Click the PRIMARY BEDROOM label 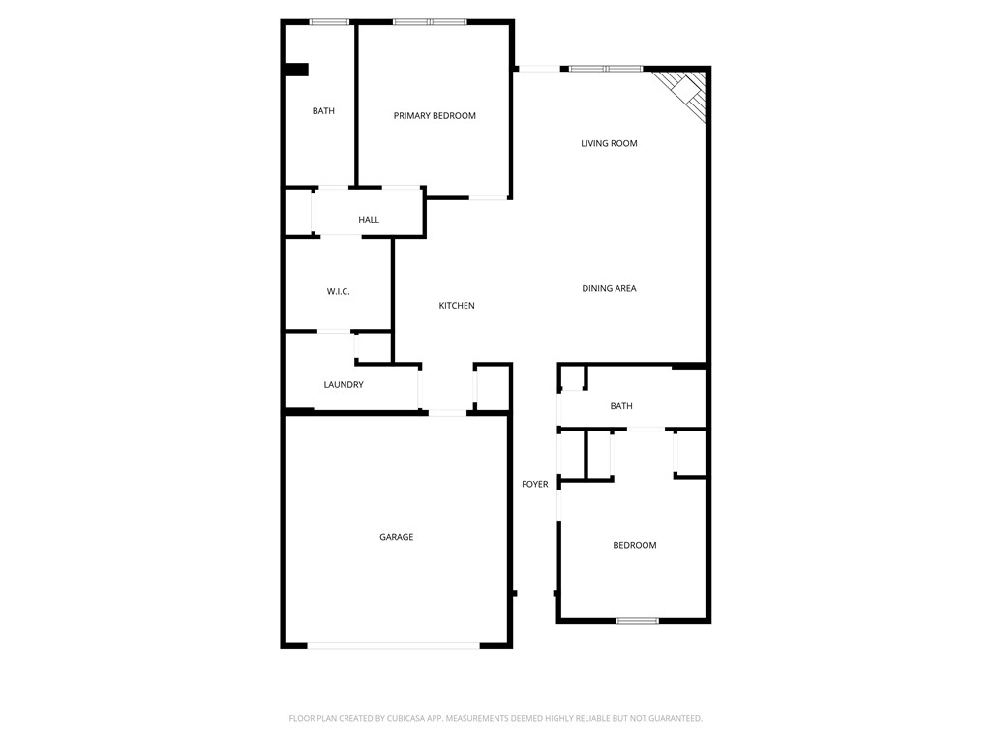435,116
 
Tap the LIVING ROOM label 609,144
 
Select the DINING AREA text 609,288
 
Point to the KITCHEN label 457,306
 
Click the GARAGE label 396,537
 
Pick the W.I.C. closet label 338,291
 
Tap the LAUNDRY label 344,385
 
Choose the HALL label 369,220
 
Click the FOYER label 535,484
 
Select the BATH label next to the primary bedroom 323,111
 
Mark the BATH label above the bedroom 621,406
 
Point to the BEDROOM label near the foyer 635,545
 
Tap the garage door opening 393,645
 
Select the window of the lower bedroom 637,620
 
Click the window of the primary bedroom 430,21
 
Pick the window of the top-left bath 329,21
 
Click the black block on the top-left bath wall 296,70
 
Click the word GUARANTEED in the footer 669,718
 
